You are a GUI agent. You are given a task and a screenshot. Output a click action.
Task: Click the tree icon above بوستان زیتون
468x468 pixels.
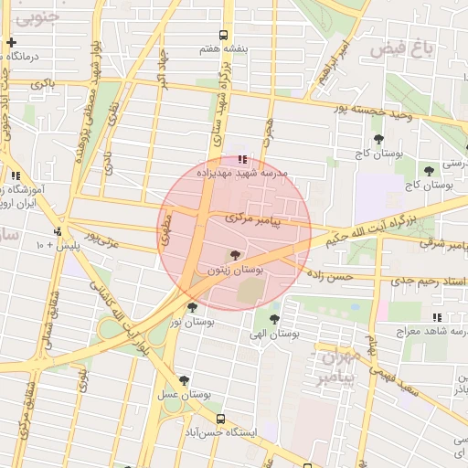click(x=236, y=256)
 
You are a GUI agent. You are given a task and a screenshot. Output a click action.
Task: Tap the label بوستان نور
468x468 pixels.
click(x=192, y=323)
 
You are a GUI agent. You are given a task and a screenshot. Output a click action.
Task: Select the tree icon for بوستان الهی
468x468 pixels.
click(x=274, y=319)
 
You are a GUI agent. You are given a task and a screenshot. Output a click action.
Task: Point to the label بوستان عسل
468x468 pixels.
click(x=184, y=394)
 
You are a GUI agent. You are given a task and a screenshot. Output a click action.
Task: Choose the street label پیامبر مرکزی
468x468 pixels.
click(x=259, y=219)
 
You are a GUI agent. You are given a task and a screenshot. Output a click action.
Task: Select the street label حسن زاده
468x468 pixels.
click(x=328, y=274)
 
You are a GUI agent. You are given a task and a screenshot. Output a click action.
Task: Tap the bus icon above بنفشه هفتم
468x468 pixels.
click(x=212, y=33)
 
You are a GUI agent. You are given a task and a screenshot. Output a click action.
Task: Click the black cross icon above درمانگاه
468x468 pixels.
click(x=11, y=42)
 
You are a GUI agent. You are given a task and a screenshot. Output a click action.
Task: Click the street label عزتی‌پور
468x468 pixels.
click(x=101, y=240)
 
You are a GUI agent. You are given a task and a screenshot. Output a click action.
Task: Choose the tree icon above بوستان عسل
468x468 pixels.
click(x=184, y=380)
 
